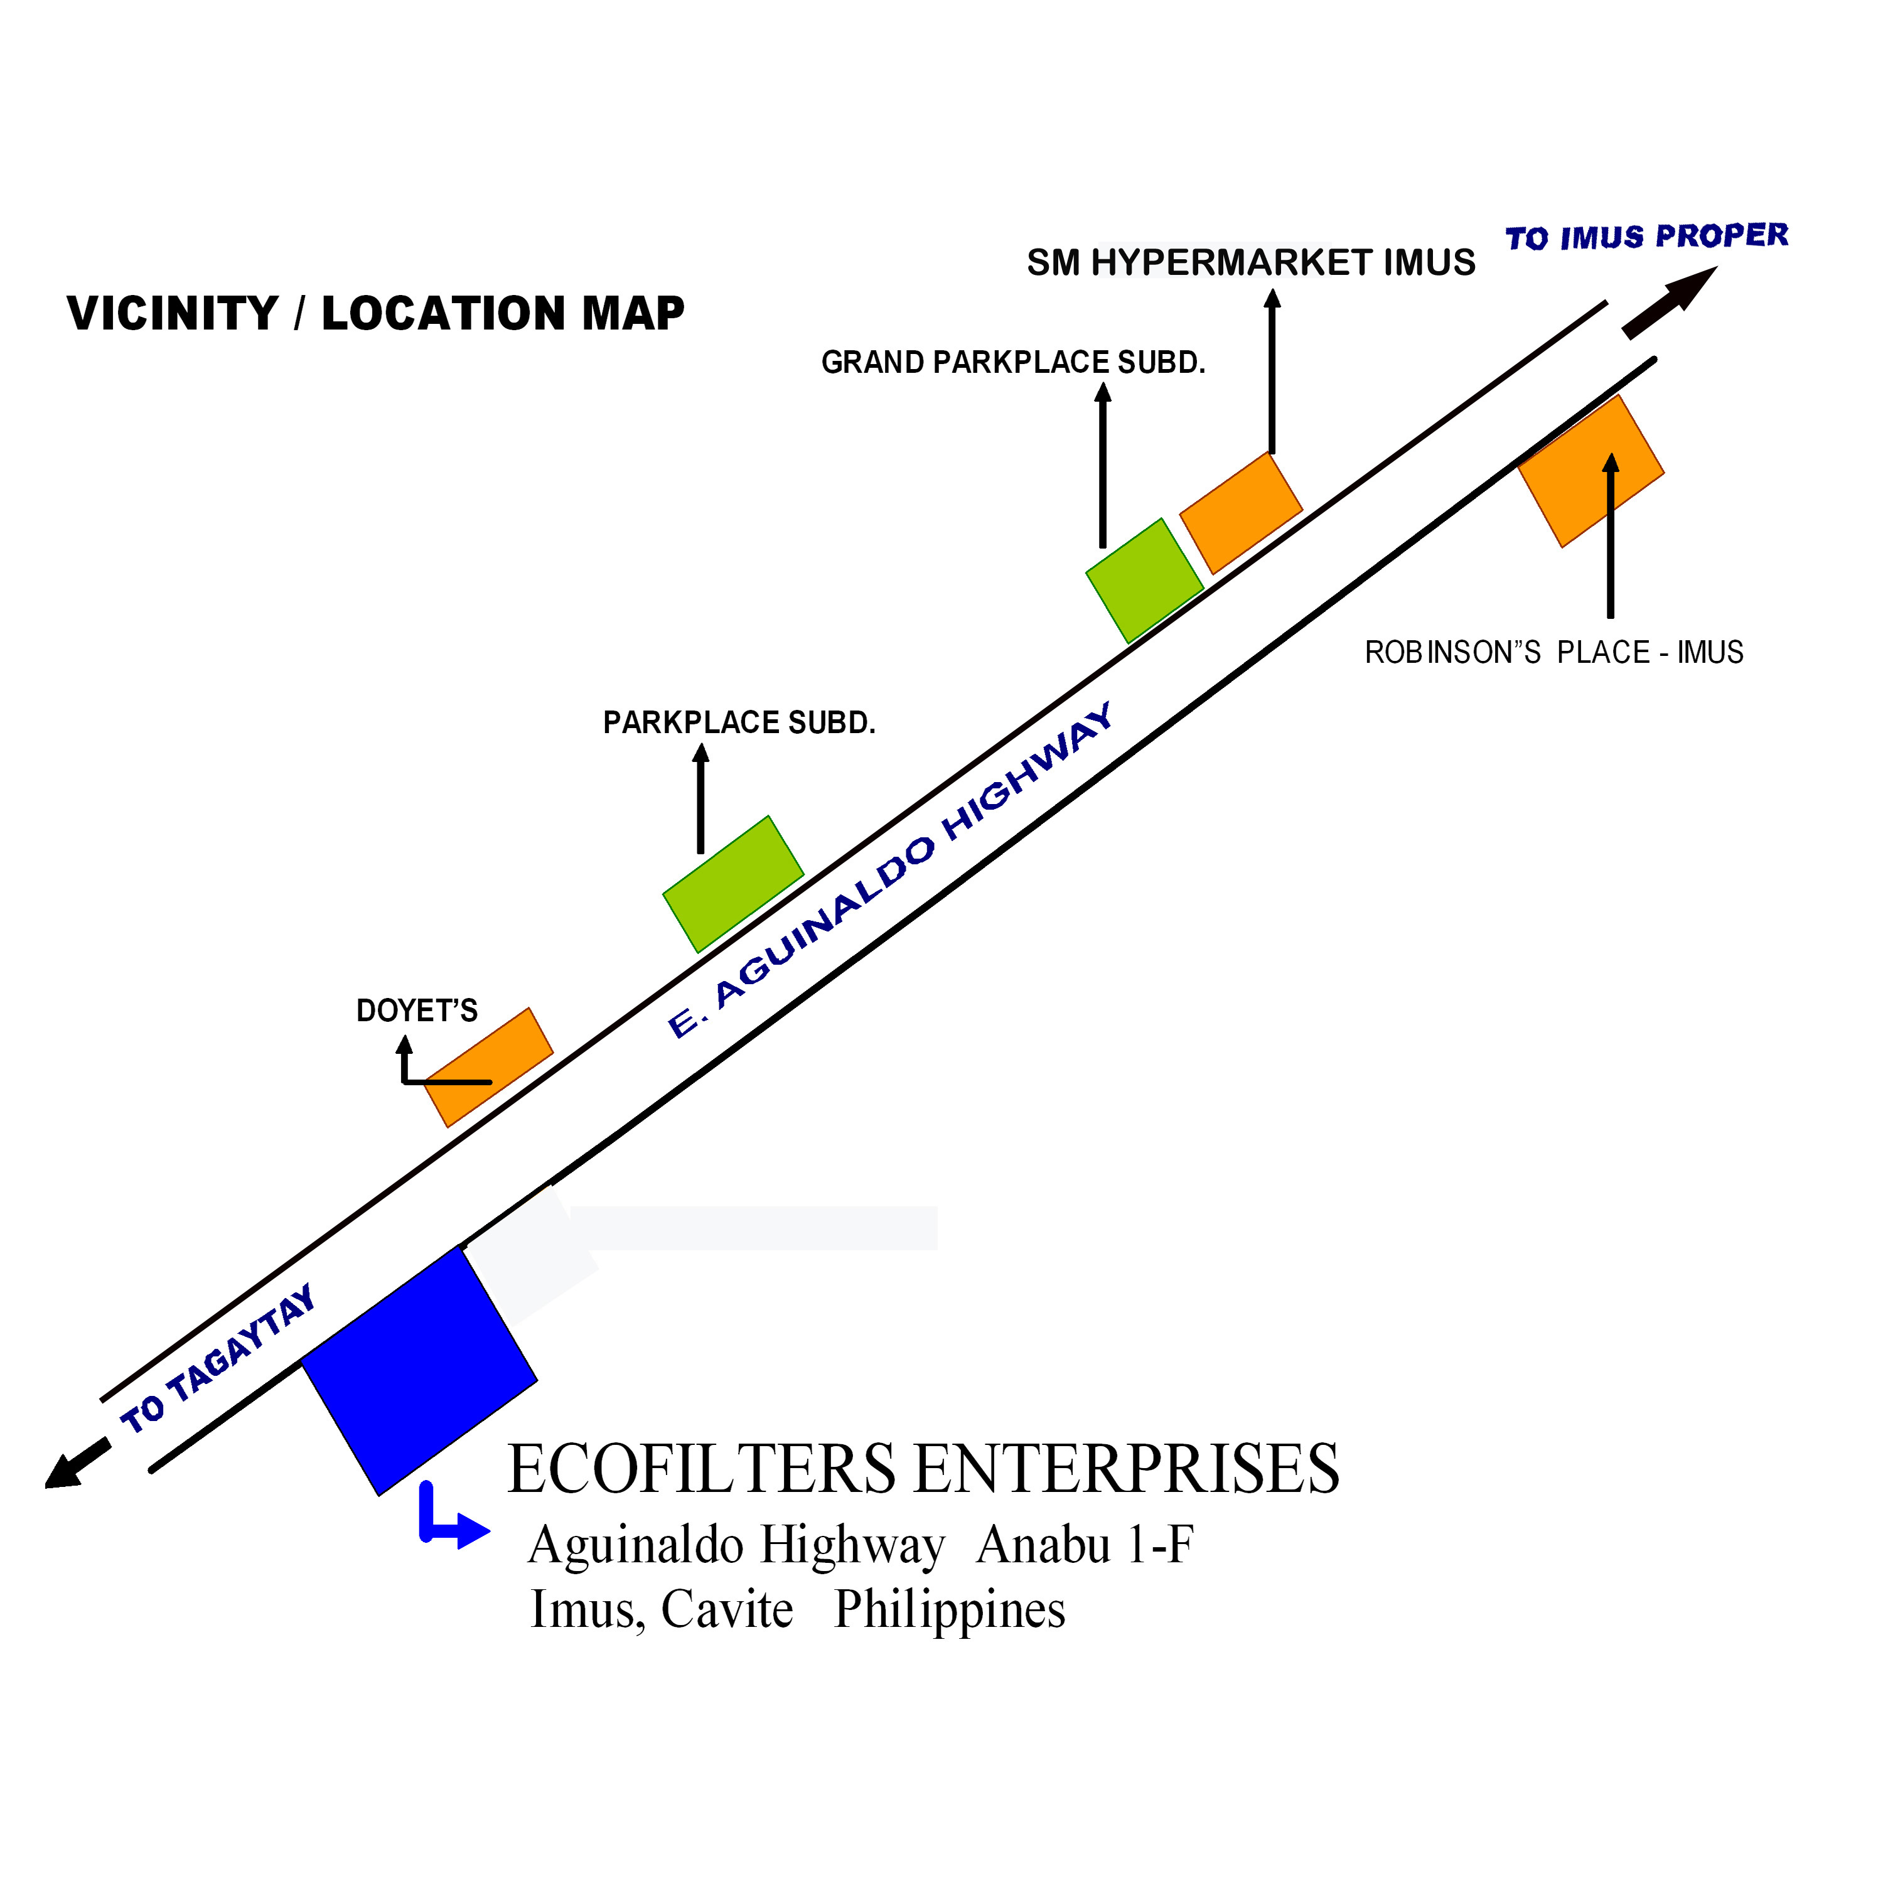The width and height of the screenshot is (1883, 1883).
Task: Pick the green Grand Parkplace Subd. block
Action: pyautogui.click(x=1144, y=581)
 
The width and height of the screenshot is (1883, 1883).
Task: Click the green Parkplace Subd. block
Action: pyautogui.click(x=733, y=883)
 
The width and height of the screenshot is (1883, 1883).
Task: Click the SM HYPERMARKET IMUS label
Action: pyautogui.click(x=1250, y=263)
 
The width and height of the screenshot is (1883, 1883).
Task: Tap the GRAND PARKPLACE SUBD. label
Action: pyautogui.click(x=1012, y=363)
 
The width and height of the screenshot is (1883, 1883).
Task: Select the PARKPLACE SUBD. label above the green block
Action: pyautogui.click(x=739, y=723)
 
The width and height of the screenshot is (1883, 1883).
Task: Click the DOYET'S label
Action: pyautogui.click(x=417, y=1011)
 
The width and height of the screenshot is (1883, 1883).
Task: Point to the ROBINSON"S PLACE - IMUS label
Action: pyautogui.click(x=1553, y=652)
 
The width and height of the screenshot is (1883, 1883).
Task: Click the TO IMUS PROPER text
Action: pyautogui.click(x=1646, y=237)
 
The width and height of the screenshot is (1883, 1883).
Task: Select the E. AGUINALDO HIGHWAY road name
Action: pyautogui.click(x=889, y=871)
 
